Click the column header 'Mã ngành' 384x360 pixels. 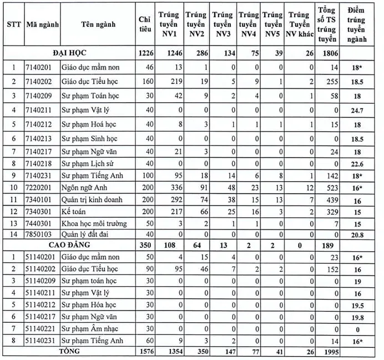tap(43, 24)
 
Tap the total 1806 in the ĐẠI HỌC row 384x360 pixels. tap(328, 53)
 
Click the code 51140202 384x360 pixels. tap(42, 269)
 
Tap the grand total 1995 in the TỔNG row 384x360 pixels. tap(328, 352)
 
